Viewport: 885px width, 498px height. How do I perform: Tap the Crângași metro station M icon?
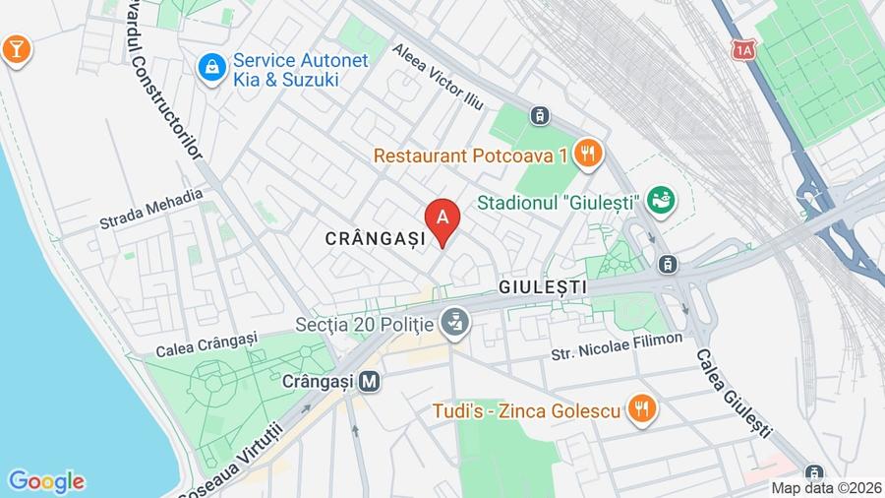(x=370, y=380)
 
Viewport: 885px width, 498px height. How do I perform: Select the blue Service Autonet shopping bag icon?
(x=210, y=67)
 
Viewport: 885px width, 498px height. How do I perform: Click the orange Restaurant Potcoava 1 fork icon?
(x=588, y=153)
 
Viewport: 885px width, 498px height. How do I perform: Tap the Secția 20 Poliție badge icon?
(x=453, y=321)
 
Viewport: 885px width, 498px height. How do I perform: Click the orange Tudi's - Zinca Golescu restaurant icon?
(x=642, y=408)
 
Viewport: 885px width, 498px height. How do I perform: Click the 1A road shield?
(x=742, y=46)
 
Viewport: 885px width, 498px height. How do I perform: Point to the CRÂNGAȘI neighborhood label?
(x=376, y=238)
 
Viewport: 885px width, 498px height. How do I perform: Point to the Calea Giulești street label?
(x=733, y=393)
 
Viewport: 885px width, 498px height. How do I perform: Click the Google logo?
(x=45, y=481)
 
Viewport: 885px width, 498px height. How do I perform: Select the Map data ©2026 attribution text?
(x=824, y=487)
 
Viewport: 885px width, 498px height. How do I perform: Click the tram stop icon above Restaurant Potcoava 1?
(x=538, y=115)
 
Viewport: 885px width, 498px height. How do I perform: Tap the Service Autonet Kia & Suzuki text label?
(x=301, y=69)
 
